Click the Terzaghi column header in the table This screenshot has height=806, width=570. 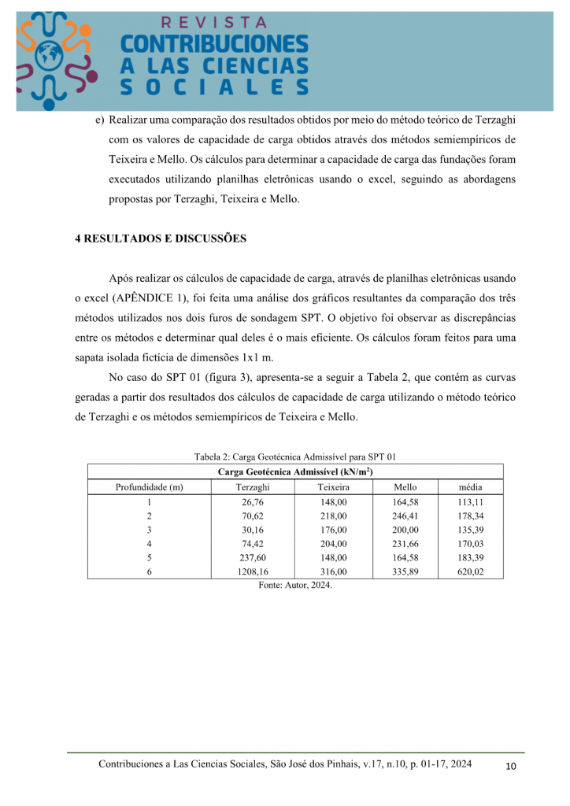point(253,487)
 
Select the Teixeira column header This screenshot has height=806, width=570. point(333,487)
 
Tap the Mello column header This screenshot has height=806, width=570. point(405,487)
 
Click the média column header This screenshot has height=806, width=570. point(471,487)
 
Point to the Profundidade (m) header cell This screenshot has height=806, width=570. point(149,487)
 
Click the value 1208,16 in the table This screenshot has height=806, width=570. point(253,572)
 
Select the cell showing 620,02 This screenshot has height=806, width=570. point(471,572)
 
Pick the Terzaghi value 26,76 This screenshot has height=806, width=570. point(253,501)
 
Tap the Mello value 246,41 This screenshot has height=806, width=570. point(405,516)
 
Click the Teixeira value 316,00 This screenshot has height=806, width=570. point(333,572)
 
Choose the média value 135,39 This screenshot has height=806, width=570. point(471,530)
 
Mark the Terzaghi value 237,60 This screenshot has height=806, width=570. point(253,558)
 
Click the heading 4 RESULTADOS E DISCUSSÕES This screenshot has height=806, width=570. point(161,238)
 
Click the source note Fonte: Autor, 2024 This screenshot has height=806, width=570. point(295,586)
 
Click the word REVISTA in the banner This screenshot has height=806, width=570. point(213,23)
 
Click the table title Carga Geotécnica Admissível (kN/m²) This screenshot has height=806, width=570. point(294,472)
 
